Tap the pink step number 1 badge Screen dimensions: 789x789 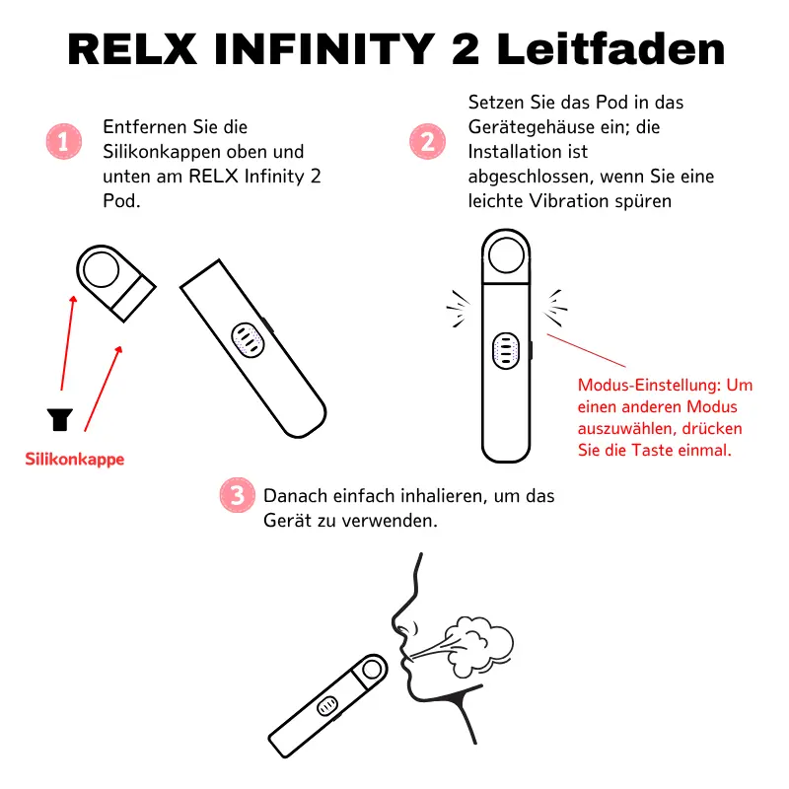(x=63, y=142)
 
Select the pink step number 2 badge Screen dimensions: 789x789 (x=427, y=142)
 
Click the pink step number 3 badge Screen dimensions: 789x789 (x=235, y=494)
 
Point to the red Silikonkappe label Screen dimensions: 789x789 (x=75, y=460)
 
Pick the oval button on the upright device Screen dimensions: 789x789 (x=506, y=350)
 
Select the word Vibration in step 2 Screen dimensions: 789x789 (x=597, y=201)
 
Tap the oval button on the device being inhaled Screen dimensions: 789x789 (x=327, y=706)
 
